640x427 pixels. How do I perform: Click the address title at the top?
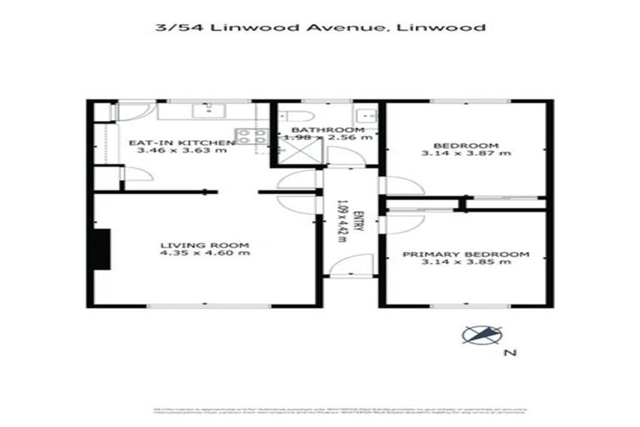320,28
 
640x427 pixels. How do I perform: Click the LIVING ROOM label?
205,245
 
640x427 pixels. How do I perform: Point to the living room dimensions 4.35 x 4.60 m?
205,255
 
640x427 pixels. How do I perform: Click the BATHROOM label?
327,131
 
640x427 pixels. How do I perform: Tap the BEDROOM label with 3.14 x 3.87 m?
466,143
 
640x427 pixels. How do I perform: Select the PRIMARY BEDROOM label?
466,254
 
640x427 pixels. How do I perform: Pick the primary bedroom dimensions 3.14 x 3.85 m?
466,264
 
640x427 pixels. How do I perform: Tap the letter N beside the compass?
511,354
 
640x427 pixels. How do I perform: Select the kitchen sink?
203,109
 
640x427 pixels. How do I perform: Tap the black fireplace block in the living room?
101,248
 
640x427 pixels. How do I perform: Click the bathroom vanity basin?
364,115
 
